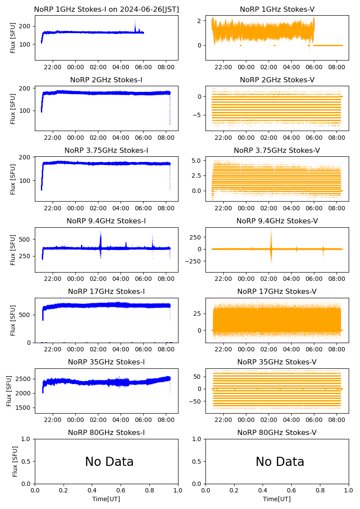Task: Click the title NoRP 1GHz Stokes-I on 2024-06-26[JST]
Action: point(106,10)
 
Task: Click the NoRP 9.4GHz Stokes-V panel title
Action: point(277,221)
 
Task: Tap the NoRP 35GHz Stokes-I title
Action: point(106,362)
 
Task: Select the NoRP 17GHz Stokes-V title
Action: point(277,292)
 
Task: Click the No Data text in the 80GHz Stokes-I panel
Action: point(109,462)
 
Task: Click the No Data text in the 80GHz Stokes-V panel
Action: point(280,462)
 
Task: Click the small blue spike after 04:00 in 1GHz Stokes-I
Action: point(135,25)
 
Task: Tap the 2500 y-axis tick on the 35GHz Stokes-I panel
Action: point(24,379)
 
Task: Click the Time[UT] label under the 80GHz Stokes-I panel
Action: point(106,499)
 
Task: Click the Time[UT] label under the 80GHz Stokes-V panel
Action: point(277,499)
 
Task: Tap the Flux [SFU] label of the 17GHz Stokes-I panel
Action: point(13,320)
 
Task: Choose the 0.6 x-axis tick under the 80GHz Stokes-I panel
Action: point(121,491)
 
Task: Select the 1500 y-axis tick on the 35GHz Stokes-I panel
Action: point(24,408)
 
